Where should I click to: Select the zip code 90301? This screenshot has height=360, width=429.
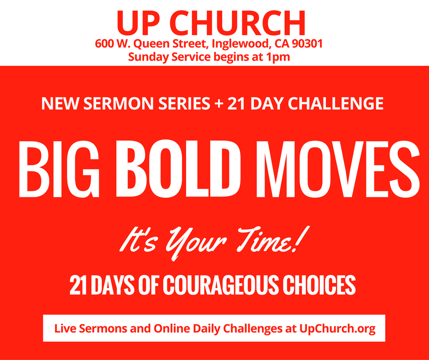307,44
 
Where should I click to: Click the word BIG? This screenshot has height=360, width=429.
59,169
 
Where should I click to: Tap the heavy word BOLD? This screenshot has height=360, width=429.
179,169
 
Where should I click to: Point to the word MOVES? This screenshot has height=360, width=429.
338,169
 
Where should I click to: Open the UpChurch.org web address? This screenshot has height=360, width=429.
337,328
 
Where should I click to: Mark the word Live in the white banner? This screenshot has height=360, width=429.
65,328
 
